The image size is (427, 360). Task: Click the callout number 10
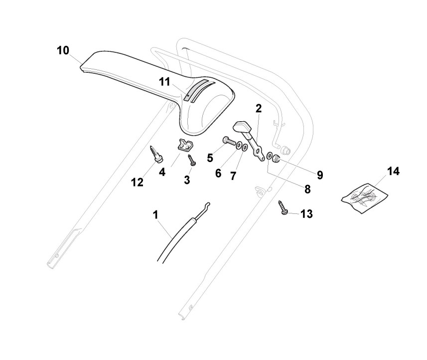click(63, 50)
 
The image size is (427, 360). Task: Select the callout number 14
click(393, 172)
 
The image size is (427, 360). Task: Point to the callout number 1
click(156, 215)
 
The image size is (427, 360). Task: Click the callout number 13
click(307, 214)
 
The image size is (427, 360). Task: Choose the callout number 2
click(259, 108)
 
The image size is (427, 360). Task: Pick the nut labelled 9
click(278, 159)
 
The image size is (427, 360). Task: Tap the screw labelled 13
click(284, 208)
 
